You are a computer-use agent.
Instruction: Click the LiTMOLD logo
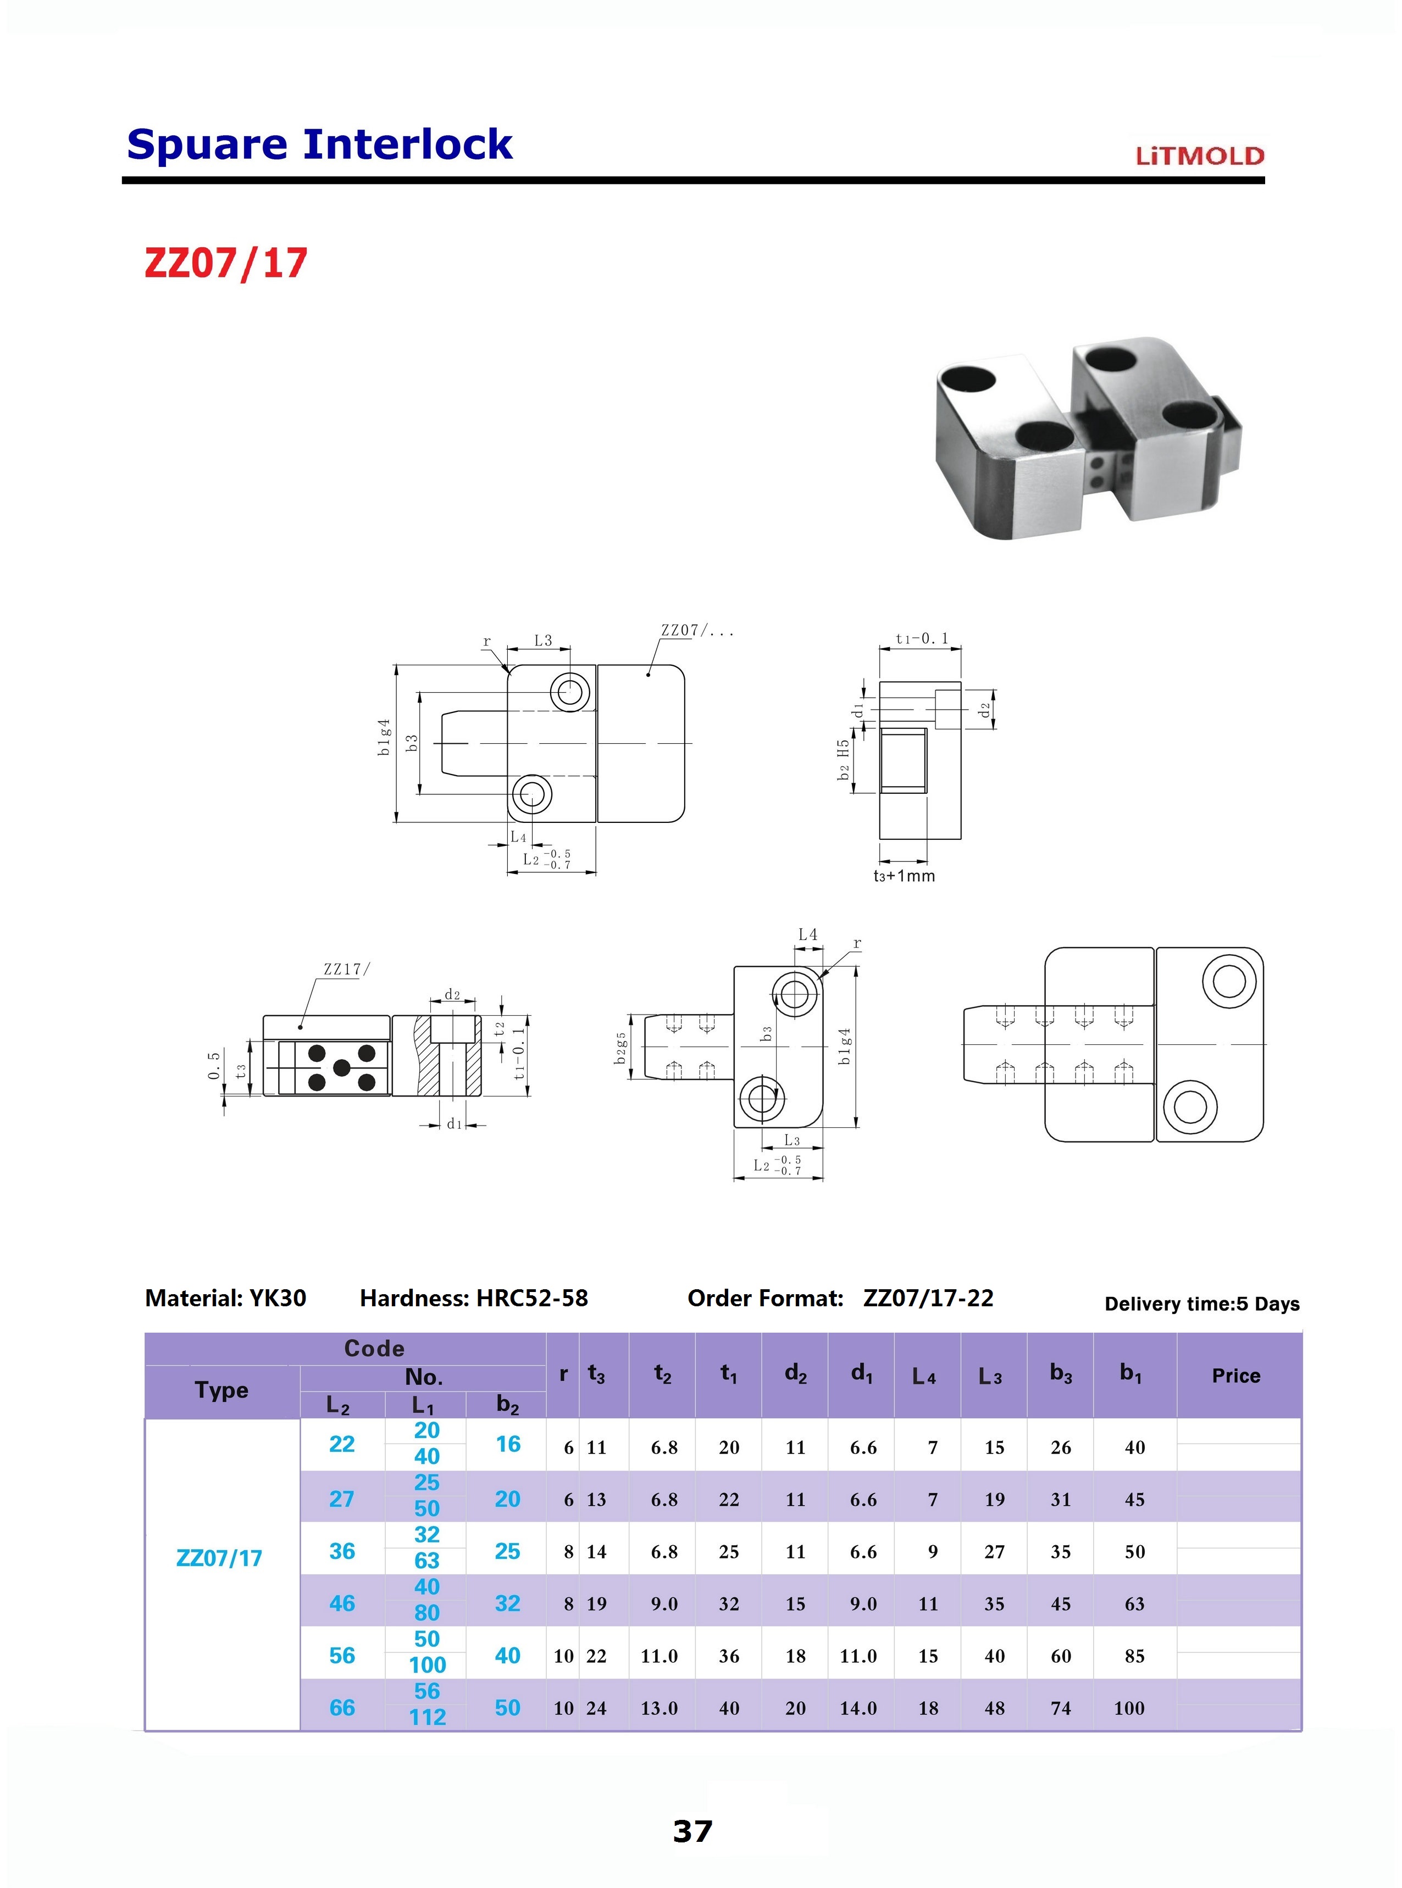pyautogui.click(x=1200, y=156)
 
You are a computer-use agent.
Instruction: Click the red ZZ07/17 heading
pyautogui.click(x=226, y=263)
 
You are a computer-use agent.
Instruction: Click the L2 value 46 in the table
pyautogui.click(x=342, y=1603)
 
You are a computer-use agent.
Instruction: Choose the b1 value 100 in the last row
pyautogui.click(x=1129, y=1708)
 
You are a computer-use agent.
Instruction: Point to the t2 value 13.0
pyautogui.click(x=660, y=1708)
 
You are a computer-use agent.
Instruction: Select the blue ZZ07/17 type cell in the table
pyautogui.click(x=219, y=1558)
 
